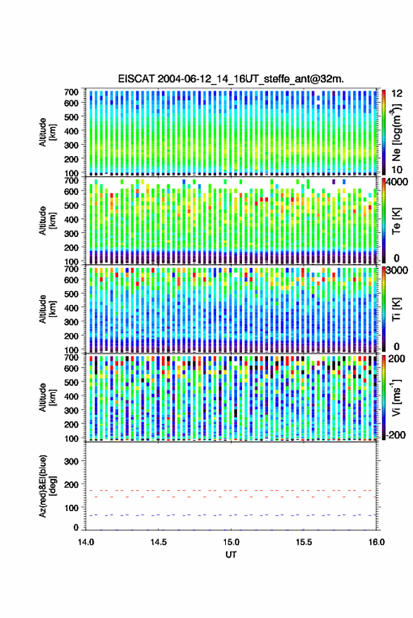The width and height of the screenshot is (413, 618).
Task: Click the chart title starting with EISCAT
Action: click(x=231, y=79)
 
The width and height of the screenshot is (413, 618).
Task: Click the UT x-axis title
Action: click(x=231, y=555)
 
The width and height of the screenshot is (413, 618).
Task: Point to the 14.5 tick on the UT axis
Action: click(x=158, y=542)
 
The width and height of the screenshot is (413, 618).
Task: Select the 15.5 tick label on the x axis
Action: click(x=303, y=542)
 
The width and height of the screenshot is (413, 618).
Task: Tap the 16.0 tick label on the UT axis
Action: click(x=376, y=542)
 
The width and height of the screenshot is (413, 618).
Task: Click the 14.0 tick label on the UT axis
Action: click(x=86, y=542)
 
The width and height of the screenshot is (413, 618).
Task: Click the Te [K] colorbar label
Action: click(x=396, y=221)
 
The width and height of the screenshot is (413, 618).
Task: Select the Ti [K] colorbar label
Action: click(x=396, y=309)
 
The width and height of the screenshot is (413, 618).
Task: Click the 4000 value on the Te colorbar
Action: click(x=398, y=182)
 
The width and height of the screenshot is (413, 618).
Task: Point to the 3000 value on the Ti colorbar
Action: click(x=398, y=271)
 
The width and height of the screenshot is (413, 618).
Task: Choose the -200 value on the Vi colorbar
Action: click(x=395, y=435)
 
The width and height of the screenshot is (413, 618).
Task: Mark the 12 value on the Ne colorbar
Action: click(x=398, y=94)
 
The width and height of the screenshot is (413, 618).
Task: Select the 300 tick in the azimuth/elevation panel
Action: click(x=71, y=461)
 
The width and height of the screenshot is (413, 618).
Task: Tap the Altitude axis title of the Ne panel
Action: click(x=47, y=132)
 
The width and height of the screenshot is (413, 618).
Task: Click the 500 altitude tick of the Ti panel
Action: click(x=71, y=294)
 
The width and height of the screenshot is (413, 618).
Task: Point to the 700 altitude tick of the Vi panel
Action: click(x=71, y=357)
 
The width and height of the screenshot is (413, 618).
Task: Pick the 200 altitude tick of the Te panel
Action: click(x=71, y=247)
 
